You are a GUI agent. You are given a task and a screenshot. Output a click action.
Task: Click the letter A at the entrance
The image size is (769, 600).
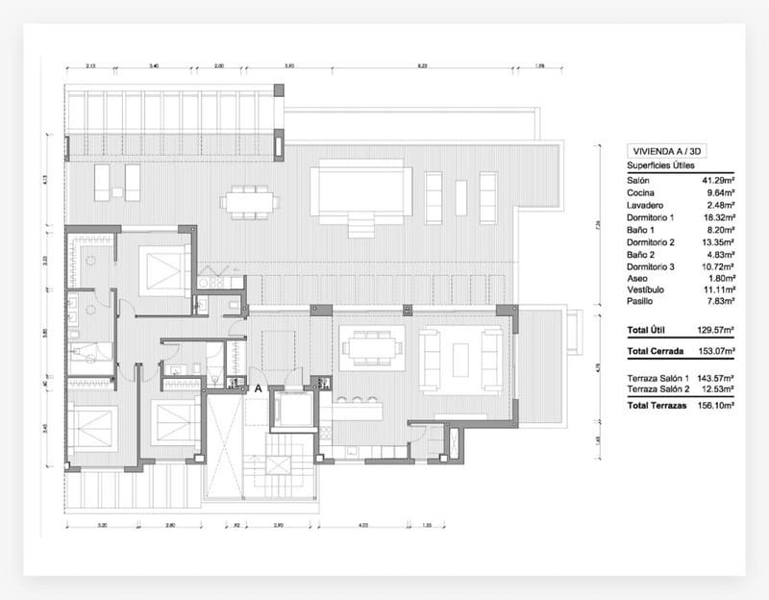pyautogui.click(x=258, y=388)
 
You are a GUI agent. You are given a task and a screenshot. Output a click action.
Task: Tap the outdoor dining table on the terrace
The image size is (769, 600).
pyautogui.click(x=250, y=202)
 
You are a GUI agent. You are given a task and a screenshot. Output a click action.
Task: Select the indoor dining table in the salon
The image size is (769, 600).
pyautogui.click(x=372, y=347)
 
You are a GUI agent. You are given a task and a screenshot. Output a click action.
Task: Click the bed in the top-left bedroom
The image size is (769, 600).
pyautogui.click(x=162, y=270)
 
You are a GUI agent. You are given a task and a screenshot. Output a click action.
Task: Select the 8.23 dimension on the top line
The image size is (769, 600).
pyautogui.click(x=422, y=66)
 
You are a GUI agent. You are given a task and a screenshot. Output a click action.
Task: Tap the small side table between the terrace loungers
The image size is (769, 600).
pyautogui.click(x=117, y=192)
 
